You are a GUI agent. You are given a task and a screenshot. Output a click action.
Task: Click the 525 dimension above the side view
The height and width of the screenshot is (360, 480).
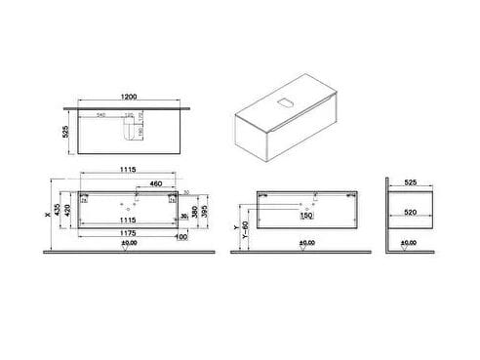pyautogui.click(x=411, y=181)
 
